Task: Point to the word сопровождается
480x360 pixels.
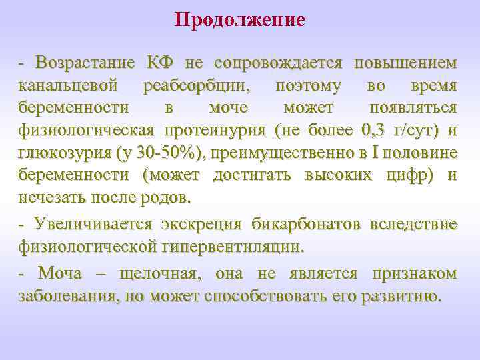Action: (x=278, y=63)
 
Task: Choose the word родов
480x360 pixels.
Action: (x=170, y=198)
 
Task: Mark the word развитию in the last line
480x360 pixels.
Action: (x=400, y=297)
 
